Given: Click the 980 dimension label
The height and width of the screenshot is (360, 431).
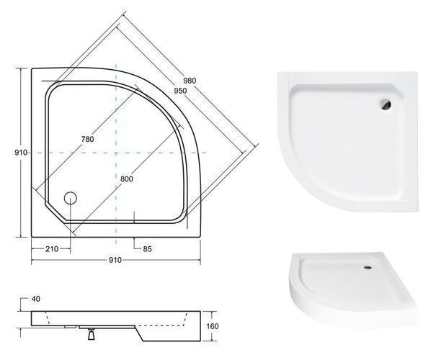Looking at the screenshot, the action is pyautogui.click(x=190, y=81).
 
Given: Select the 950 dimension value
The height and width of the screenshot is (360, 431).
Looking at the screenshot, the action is pyautogui.click(x=180, y=91).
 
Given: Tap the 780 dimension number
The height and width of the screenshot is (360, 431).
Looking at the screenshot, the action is pyautogui.click(x=87, y=139).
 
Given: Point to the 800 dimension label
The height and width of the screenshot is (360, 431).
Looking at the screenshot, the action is pyautogui.click(x=127, y=179).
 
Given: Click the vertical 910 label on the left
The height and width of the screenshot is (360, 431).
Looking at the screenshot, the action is pyautogui.click(x=21, y=153).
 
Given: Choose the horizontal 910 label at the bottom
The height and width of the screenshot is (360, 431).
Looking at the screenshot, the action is pyautogui.click(x=115, y=260).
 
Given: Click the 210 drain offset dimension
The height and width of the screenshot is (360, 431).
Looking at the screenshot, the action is pyautogui.click(x=52, y=249).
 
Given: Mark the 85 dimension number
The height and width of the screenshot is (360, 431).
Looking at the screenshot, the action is pyautogui.click(x=148, y=249).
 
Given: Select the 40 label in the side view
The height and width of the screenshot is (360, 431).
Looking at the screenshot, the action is pyautogui.click(x=36, y=299).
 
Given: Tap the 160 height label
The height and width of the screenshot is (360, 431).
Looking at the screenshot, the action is pyautogui.click(x=213, y=326).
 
